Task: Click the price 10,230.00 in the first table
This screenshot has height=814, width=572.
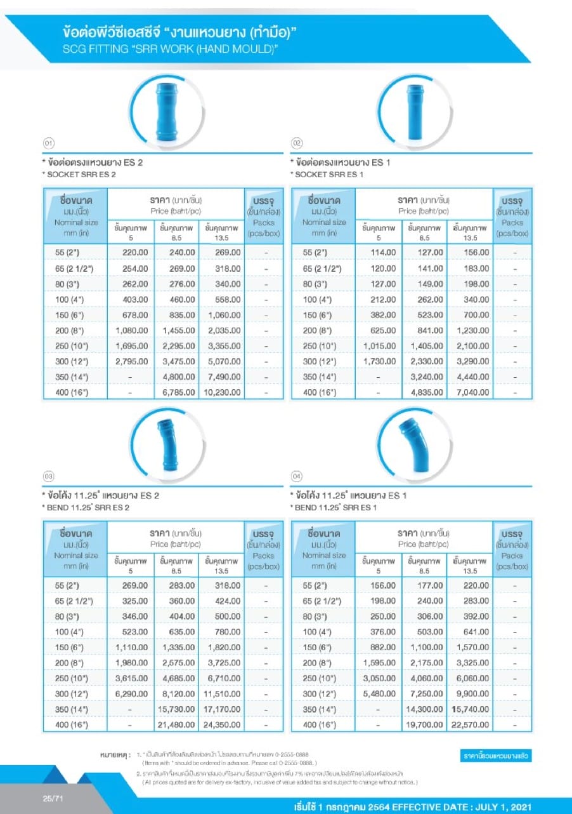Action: [223, 392]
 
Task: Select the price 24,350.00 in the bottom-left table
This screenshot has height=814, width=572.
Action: [223, 724]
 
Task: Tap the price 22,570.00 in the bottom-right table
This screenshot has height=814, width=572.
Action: [471, 724]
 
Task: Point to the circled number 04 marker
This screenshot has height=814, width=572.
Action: [296, 476]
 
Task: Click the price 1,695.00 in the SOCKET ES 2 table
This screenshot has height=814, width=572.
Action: [131, 346]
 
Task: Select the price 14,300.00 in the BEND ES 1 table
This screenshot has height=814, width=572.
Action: [425, 709]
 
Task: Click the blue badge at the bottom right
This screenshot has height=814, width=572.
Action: [496, 756]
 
